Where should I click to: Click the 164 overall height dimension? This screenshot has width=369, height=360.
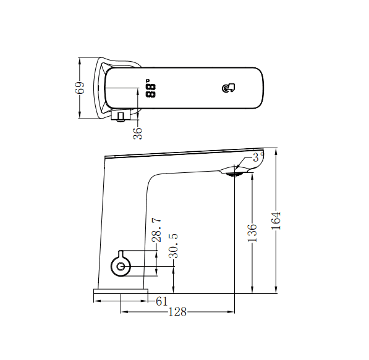(x=276, y=220)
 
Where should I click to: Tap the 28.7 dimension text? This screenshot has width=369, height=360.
(x=157, y=229)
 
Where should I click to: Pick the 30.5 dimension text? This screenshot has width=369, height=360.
(x=174, y=245)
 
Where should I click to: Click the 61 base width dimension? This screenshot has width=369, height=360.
(x=161, y=301)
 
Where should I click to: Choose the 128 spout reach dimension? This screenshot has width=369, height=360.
(x=177, y=312)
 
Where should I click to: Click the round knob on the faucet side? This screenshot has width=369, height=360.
(x=121, y=266)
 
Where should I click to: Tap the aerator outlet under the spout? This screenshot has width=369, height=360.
(x=233, y=175)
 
